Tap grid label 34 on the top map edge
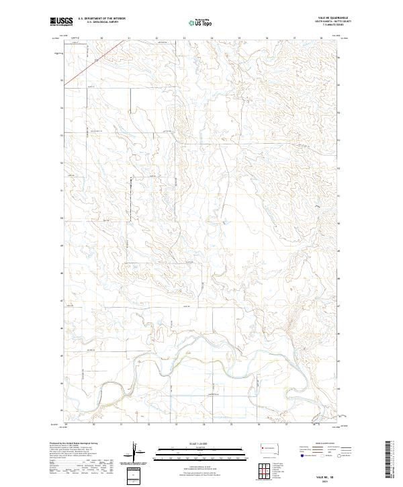pos(212,38)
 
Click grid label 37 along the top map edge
pos(294,38)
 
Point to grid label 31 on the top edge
pos(129,38)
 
